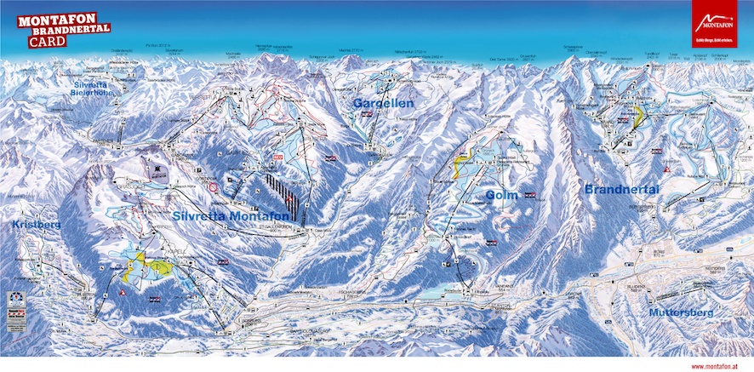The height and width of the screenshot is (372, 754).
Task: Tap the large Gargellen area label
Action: pyautogui.click(x=383, y=103)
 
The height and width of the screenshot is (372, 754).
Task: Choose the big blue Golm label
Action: pyautogui.click(x=502, y=195)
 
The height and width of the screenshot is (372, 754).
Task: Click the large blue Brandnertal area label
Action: pyautogui.click(x=625, y=189)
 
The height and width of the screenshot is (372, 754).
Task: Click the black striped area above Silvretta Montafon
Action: pyautogui.click(x=282, y=192)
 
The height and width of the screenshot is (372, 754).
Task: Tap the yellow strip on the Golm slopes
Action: pyautogui.click(x=462, y=163)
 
